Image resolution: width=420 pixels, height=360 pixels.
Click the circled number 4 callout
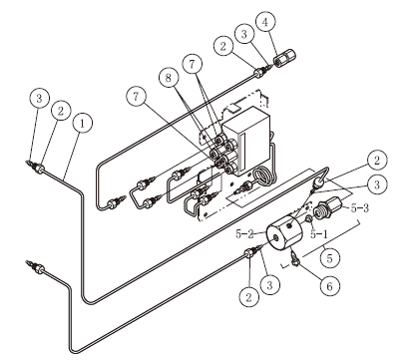[x=265, y=22]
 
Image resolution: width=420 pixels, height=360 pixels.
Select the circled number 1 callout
[x=82, y=124]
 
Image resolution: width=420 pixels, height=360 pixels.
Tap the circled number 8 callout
[x=169, y=78]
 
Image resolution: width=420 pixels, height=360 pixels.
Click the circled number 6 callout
[x=329, y=285]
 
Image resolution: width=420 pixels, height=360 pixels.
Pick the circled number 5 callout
[x=329, y=258]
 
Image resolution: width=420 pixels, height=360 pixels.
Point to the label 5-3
[x=360, y=208]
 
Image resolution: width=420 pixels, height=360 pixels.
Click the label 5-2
[x=244, y=234]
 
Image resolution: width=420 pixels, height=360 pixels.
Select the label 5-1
[x=319, y=234]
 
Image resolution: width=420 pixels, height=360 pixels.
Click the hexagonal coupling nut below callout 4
[x=284, y=58]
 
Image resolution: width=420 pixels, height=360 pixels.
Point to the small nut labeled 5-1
[x=308, y=219]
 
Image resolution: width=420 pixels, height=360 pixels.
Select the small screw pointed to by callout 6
[x=294, y=259]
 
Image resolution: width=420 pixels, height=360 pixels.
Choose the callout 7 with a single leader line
[x=136, y=97]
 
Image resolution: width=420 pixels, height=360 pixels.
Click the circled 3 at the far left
[x=39, y=99]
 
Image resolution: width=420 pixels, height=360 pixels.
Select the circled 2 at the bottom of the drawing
[x=248, y=297]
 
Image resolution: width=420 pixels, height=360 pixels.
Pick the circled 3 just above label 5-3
[x=377, y=185]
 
